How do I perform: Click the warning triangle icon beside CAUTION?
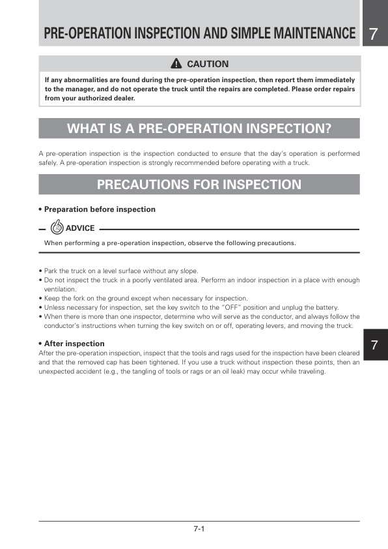tap(176, 64)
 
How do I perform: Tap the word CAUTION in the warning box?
tap(208, 64)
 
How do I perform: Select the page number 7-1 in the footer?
tap(199, 529)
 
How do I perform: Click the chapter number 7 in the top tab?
tap(373, 34)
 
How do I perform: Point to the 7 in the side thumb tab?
tap(374, 346)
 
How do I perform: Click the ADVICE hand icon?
tap(57, 228)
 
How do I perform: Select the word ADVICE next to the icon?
tap(80, 228)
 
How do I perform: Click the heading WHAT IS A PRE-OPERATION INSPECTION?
tap(199, 128)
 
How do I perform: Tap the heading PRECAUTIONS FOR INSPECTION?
tap(199, 185)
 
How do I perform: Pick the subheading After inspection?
tap(74, 343)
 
